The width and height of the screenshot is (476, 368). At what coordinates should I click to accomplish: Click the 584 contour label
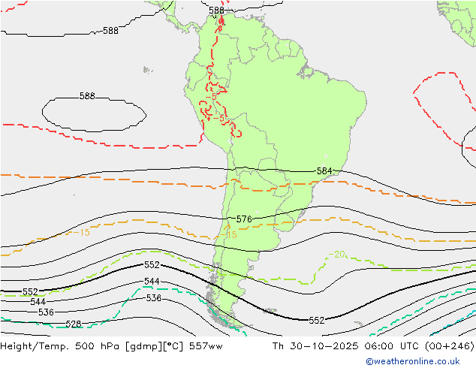(324, 171)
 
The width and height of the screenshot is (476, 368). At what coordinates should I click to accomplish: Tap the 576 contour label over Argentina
(243, 219)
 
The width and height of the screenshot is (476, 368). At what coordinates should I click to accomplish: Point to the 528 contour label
(73, 324)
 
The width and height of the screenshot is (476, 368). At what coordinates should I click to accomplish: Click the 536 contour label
(46, 312)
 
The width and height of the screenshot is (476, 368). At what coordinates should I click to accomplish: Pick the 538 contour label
(153, 298)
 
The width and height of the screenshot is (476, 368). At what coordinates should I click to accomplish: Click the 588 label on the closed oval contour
(87, 96)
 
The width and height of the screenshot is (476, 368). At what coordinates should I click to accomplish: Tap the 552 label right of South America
(317, 320)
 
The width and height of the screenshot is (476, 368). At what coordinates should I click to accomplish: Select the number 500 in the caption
(74, 346)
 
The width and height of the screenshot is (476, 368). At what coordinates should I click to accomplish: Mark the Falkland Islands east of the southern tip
(270, 310)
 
